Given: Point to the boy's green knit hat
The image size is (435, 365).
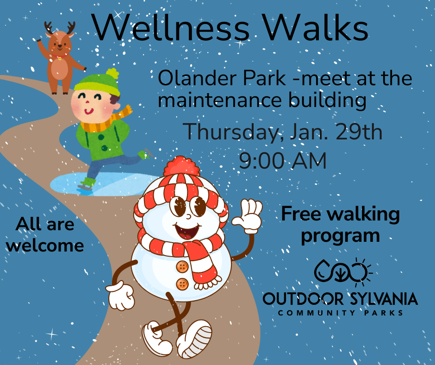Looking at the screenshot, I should click(97, 82).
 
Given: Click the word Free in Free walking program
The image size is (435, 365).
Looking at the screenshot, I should click(301, 214).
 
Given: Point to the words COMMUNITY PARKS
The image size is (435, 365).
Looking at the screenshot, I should click(340, 313).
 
